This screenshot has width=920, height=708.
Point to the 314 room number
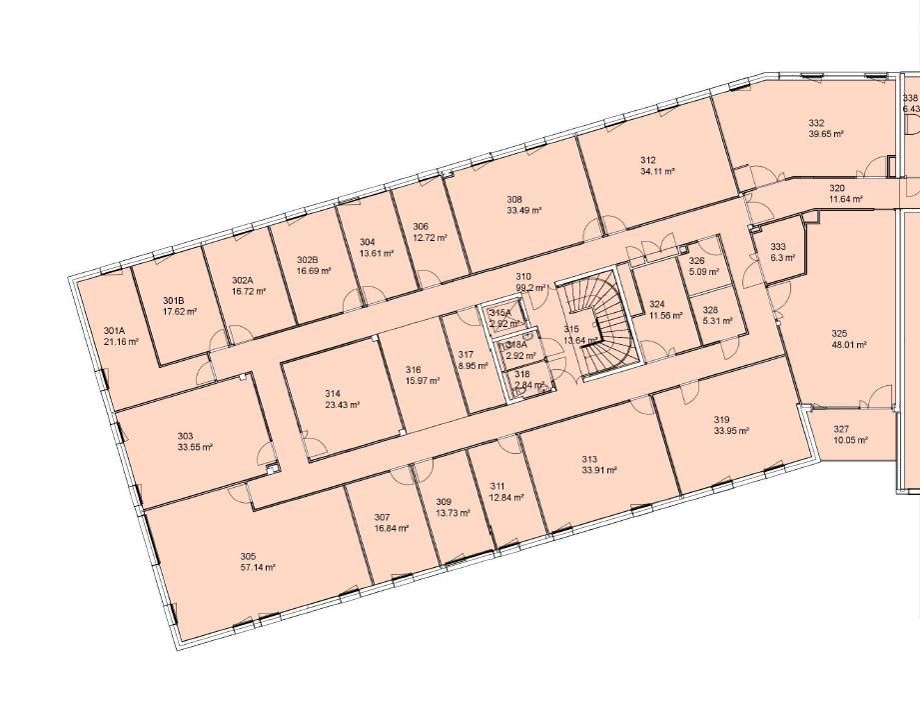pos(333,394)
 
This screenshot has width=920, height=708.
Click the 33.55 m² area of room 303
pos(195,447)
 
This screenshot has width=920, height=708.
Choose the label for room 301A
pos(114,331)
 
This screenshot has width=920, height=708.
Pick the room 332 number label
pos(816,123)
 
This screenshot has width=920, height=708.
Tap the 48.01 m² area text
pos(848,344)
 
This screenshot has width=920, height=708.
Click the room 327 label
pos(840,428)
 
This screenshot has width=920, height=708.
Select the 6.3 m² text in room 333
pos(782,257)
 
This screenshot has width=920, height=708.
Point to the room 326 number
pos(696,261)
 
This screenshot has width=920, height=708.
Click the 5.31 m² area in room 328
pos(716,321)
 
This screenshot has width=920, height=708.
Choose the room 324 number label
pos(656,304)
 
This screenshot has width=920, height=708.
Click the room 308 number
pos(514,199)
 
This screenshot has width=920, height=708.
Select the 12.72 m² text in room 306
pos(430,238)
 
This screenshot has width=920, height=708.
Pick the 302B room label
pos(307,260)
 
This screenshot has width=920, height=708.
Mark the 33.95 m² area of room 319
pos(731,431)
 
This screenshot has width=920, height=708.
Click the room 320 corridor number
pos(836,188)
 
